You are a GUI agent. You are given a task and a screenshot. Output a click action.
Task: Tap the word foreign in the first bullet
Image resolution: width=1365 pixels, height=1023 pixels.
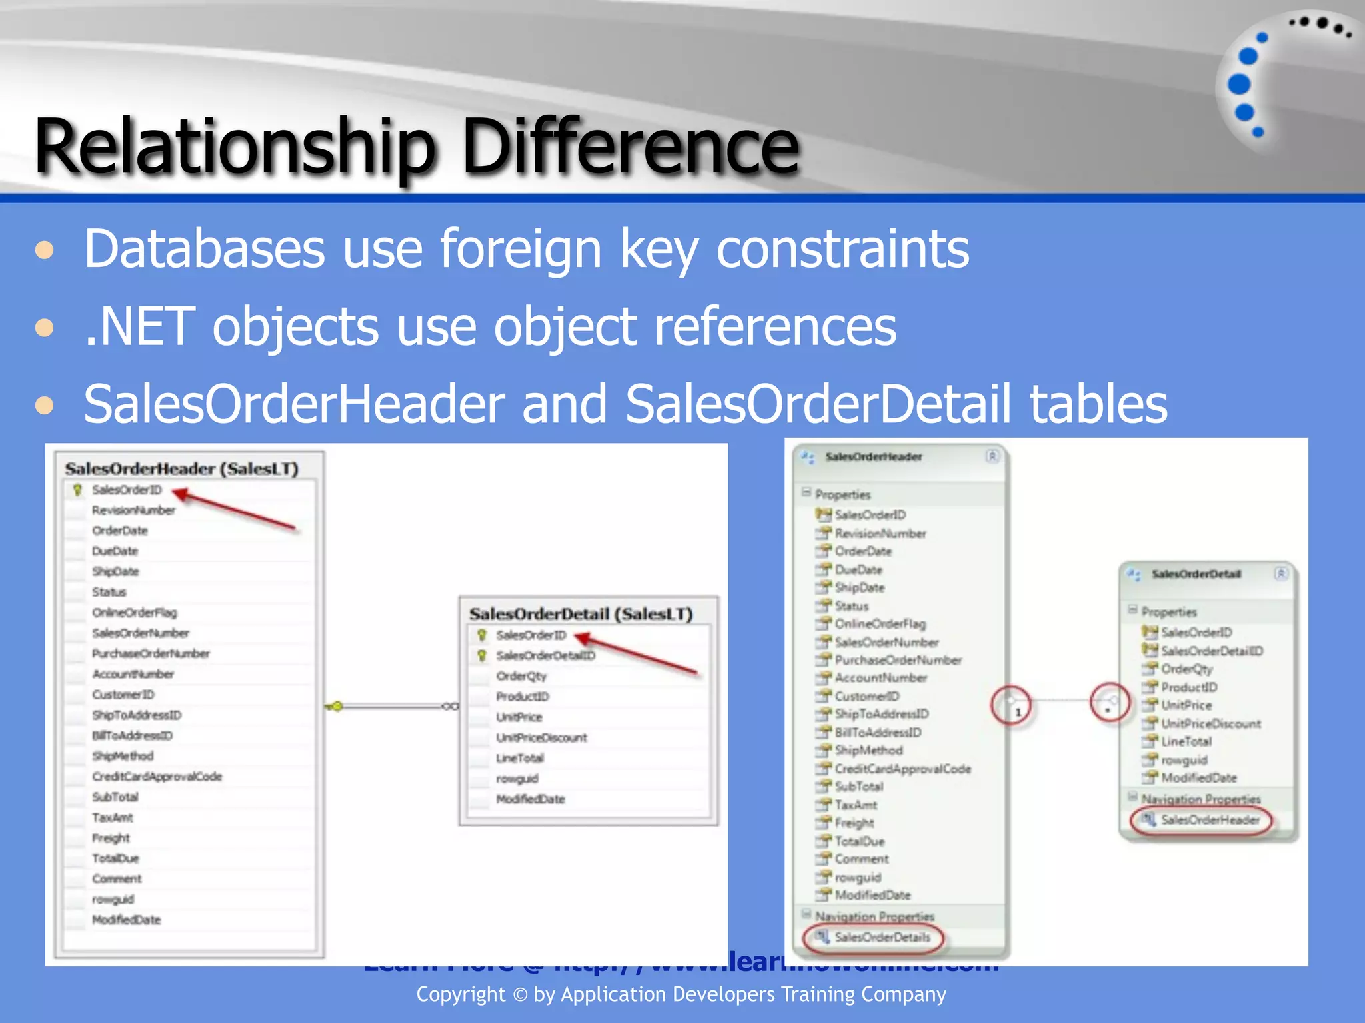pyautogui.click(x=521, y=249)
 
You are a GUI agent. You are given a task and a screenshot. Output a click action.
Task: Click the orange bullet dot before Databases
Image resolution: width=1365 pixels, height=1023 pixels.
pyautogui.click(x=45, y=250)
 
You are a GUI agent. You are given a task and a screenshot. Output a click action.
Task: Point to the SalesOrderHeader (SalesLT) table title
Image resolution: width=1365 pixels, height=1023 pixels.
pyautogui.click(x=181, y=469)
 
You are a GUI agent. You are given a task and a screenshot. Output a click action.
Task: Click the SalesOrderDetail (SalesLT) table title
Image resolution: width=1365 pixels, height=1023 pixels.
pyautogui.click(x=581, y=614)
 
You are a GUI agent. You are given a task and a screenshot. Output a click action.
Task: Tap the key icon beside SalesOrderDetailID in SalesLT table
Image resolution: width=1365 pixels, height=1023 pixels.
pyautogui.click(x=482, y=656)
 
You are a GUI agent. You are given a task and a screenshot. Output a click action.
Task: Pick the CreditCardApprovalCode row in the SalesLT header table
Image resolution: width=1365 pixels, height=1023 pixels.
pyautogui.click(x=157, y=777)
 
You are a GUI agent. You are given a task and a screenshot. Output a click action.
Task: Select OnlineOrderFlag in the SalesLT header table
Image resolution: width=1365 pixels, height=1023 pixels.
pyautogui.click(x=134, y=613)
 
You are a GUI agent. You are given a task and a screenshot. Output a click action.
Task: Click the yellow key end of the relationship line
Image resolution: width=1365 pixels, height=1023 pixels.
pyautogui.click(x=337, y=706)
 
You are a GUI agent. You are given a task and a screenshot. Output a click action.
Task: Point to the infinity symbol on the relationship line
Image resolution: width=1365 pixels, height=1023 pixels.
pyautogui.click(x=451, y=706)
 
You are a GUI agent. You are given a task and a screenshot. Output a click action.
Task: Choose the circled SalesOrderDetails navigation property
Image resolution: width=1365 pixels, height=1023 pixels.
pyautogui.click(x=882, y=938)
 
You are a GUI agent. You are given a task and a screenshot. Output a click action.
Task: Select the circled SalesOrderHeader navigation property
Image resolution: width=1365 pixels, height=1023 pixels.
pyautogui.click(x=1210, y=820)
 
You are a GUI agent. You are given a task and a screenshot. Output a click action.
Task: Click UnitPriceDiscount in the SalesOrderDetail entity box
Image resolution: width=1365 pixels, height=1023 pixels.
pyautogui.click(x=1210, y=724)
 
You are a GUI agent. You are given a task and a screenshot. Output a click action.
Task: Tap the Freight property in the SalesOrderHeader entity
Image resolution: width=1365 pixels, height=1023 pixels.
pyautogui.click(x=854, y=823)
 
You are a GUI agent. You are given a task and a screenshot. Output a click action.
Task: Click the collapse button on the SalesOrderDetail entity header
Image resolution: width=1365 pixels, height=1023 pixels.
pyautogui.click(x=1281, y=574)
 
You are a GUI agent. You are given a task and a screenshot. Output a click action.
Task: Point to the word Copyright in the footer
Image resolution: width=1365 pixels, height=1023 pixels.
pyautogui.click(x=461, y=994)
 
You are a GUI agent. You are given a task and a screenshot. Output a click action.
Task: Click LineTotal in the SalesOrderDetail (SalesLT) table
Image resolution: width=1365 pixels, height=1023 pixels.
pyautogui.click(x=519, y=758)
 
